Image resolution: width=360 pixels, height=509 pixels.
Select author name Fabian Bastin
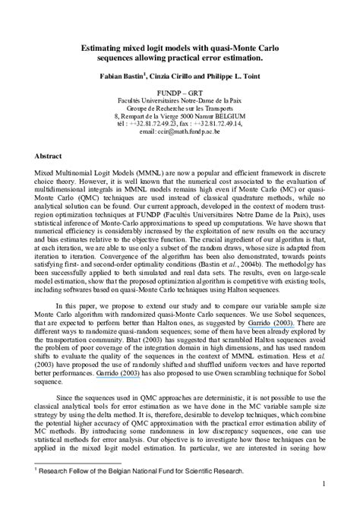[x=122, y=76]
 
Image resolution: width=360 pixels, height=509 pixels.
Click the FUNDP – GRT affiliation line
[x=180, y=91]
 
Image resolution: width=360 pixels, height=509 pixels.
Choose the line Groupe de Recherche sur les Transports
[x=180, y=107]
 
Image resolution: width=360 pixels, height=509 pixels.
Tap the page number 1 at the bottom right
[x=324, y=483]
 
